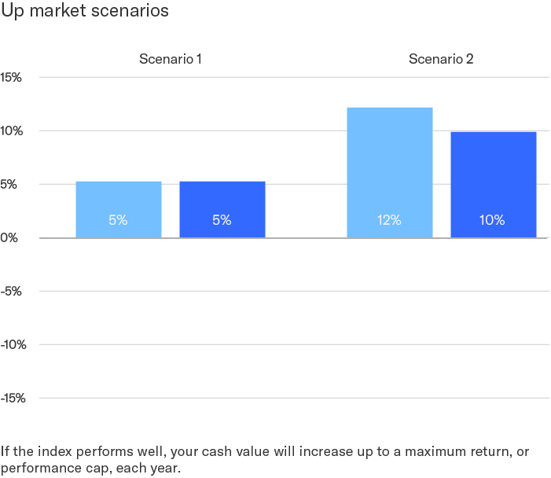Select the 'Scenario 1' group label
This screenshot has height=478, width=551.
coord(171,59)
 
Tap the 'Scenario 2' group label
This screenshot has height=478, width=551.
coord(441,59)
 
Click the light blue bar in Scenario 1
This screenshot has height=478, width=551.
coord(118,209)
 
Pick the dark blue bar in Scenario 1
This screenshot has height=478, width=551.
coord(222,209)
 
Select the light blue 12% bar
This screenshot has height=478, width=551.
coord(389,172)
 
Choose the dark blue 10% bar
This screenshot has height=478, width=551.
coord(493,184)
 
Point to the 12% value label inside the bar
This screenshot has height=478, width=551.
coord(389,221)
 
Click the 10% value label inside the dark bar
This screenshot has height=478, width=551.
coord(493,221)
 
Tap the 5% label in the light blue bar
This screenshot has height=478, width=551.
coord(118,221)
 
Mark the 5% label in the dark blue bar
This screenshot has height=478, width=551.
coord(222,221)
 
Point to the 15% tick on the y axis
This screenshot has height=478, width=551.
coord(12,77)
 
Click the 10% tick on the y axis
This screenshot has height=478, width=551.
coord(12,131)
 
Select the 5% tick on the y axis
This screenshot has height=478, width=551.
coord(10,184)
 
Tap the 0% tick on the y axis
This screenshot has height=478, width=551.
coord(9,237)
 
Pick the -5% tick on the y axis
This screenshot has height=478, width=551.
coord(12,291)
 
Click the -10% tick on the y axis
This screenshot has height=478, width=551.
coord(13,344)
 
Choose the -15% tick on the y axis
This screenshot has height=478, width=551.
coord(13,398)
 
